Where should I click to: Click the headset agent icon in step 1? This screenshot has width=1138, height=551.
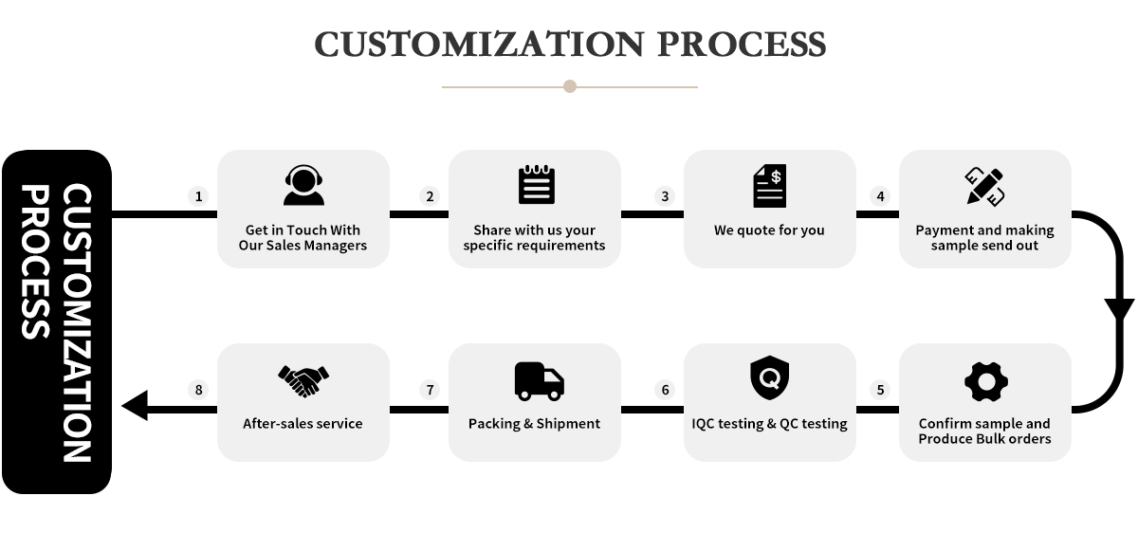pos(303,185)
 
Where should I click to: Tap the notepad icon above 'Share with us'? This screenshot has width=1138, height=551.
pos(537,184)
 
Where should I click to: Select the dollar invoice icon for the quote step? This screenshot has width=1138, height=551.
pos(770,185)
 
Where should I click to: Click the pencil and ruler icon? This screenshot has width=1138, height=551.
pos(984,187)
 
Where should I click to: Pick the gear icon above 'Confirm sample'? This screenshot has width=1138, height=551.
pos(986,382)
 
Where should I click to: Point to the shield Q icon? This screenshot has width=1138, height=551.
pos(770,377)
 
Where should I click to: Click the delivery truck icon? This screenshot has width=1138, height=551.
pos(539,381)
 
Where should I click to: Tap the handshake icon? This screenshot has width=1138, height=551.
pos(303,381)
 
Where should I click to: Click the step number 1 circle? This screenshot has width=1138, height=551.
pos(198,196)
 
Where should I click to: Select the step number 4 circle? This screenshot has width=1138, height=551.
pos(880,196)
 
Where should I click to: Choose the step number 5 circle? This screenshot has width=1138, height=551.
pos(880,390)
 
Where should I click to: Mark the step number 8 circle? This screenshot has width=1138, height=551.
pos(198,390)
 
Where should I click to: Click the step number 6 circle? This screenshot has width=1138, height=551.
pos(665,390)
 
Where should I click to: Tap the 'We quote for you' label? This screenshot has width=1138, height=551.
pos(769,230)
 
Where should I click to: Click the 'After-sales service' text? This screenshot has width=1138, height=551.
pos(303,424)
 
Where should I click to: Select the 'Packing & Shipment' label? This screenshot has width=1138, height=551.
pos(534,424)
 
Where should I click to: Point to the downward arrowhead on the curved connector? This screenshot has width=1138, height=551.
pos(1119,309)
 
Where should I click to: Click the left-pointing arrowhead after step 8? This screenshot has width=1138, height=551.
pos(135,405)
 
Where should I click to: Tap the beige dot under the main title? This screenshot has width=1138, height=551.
pos(570,86)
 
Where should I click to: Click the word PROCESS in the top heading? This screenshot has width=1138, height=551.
pos(742,45)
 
